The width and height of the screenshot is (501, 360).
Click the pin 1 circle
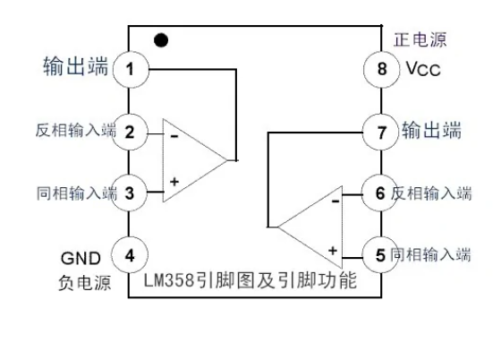[131, 69]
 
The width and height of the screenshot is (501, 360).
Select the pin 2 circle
[131, 133]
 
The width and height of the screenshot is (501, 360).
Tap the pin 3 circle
[131, 192]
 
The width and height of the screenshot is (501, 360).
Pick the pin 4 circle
[131, 254]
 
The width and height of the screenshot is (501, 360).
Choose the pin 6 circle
[379, 193]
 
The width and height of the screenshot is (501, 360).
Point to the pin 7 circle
[379, 133]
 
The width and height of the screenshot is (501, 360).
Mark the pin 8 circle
[379, 69]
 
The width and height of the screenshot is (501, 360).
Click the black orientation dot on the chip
[161, 40]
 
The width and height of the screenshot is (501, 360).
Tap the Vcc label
[422, 70]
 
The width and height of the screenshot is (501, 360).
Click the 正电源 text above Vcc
[420, 39]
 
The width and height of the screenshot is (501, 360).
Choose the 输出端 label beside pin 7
[431, 131]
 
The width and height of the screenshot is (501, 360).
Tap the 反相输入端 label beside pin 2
[76, 133]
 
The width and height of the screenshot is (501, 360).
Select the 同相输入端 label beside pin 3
[76, 192]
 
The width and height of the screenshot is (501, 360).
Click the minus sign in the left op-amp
[174, 137]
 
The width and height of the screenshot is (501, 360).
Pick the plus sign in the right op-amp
[332, 250]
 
